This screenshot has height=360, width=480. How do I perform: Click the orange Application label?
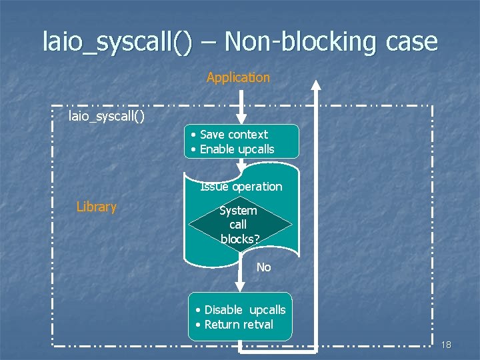(238, 77)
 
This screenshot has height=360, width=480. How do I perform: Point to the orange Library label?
(97, 207)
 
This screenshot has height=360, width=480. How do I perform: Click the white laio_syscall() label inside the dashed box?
(107, 117)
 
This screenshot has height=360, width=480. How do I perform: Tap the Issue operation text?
(241, 187)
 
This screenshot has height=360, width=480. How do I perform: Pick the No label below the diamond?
(264, 267)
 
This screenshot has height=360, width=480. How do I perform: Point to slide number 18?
(446, 345)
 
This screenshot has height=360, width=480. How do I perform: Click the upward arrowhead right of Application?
(317, 85)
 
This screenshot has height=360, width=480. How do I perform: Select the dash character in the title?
(208, 41)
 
